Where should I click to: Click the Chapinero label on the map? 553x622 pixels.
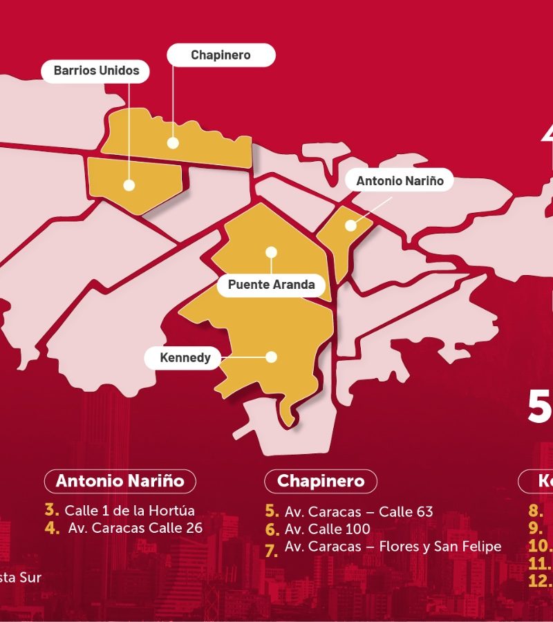pyautogui.click(x=221, y=55)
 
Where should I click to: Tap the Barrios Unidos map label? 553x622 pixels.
pyautogui.click(x=96, y=71)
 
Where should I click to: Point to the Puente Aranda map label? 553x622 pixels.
pyautogui.click(x=271, y=285)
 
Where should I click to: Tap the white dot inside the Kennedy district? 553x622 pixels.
pyautogui.click(x=272, y=357)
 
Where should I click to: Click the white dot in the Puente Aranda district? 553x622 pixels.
pyautogui.click(x=271, y=252)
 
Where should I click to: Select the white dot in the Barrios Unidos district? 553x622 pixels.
pyautogui.click(x=129, y=185)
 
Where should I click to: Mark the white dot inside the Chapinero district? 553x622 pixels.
pyautogui.click(x=173, y=143)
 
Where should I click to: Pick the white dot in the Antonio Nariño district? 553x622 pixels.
pyautogui.click(x=350, y=225)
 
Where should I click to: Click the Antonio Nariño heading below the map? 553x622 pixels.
pyautogui.click(x=120, y=481)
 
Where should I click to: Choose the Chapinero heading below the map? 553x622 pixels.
pyautogui.click(x=321, y=481)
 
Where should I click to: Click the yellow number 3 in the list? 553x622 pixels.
pyautogui.click(x=52, y=511)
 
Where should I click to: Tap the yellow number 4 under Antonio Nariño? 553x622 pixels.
pyautogui.click(x=52, y=527)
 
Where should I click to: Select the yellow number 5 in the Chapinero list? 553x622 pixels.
pyautogui.click(x=272, y=511)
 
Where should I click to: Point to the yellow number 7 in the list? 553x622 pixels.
pyautogui.click(x=272, y=550)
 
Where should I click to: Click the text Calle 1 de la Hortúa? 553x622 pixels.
pyautogui.click(x=130, y=511)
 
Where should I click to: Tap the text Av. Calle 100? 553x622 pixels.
pyautogui.click(x=328, y=529)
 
